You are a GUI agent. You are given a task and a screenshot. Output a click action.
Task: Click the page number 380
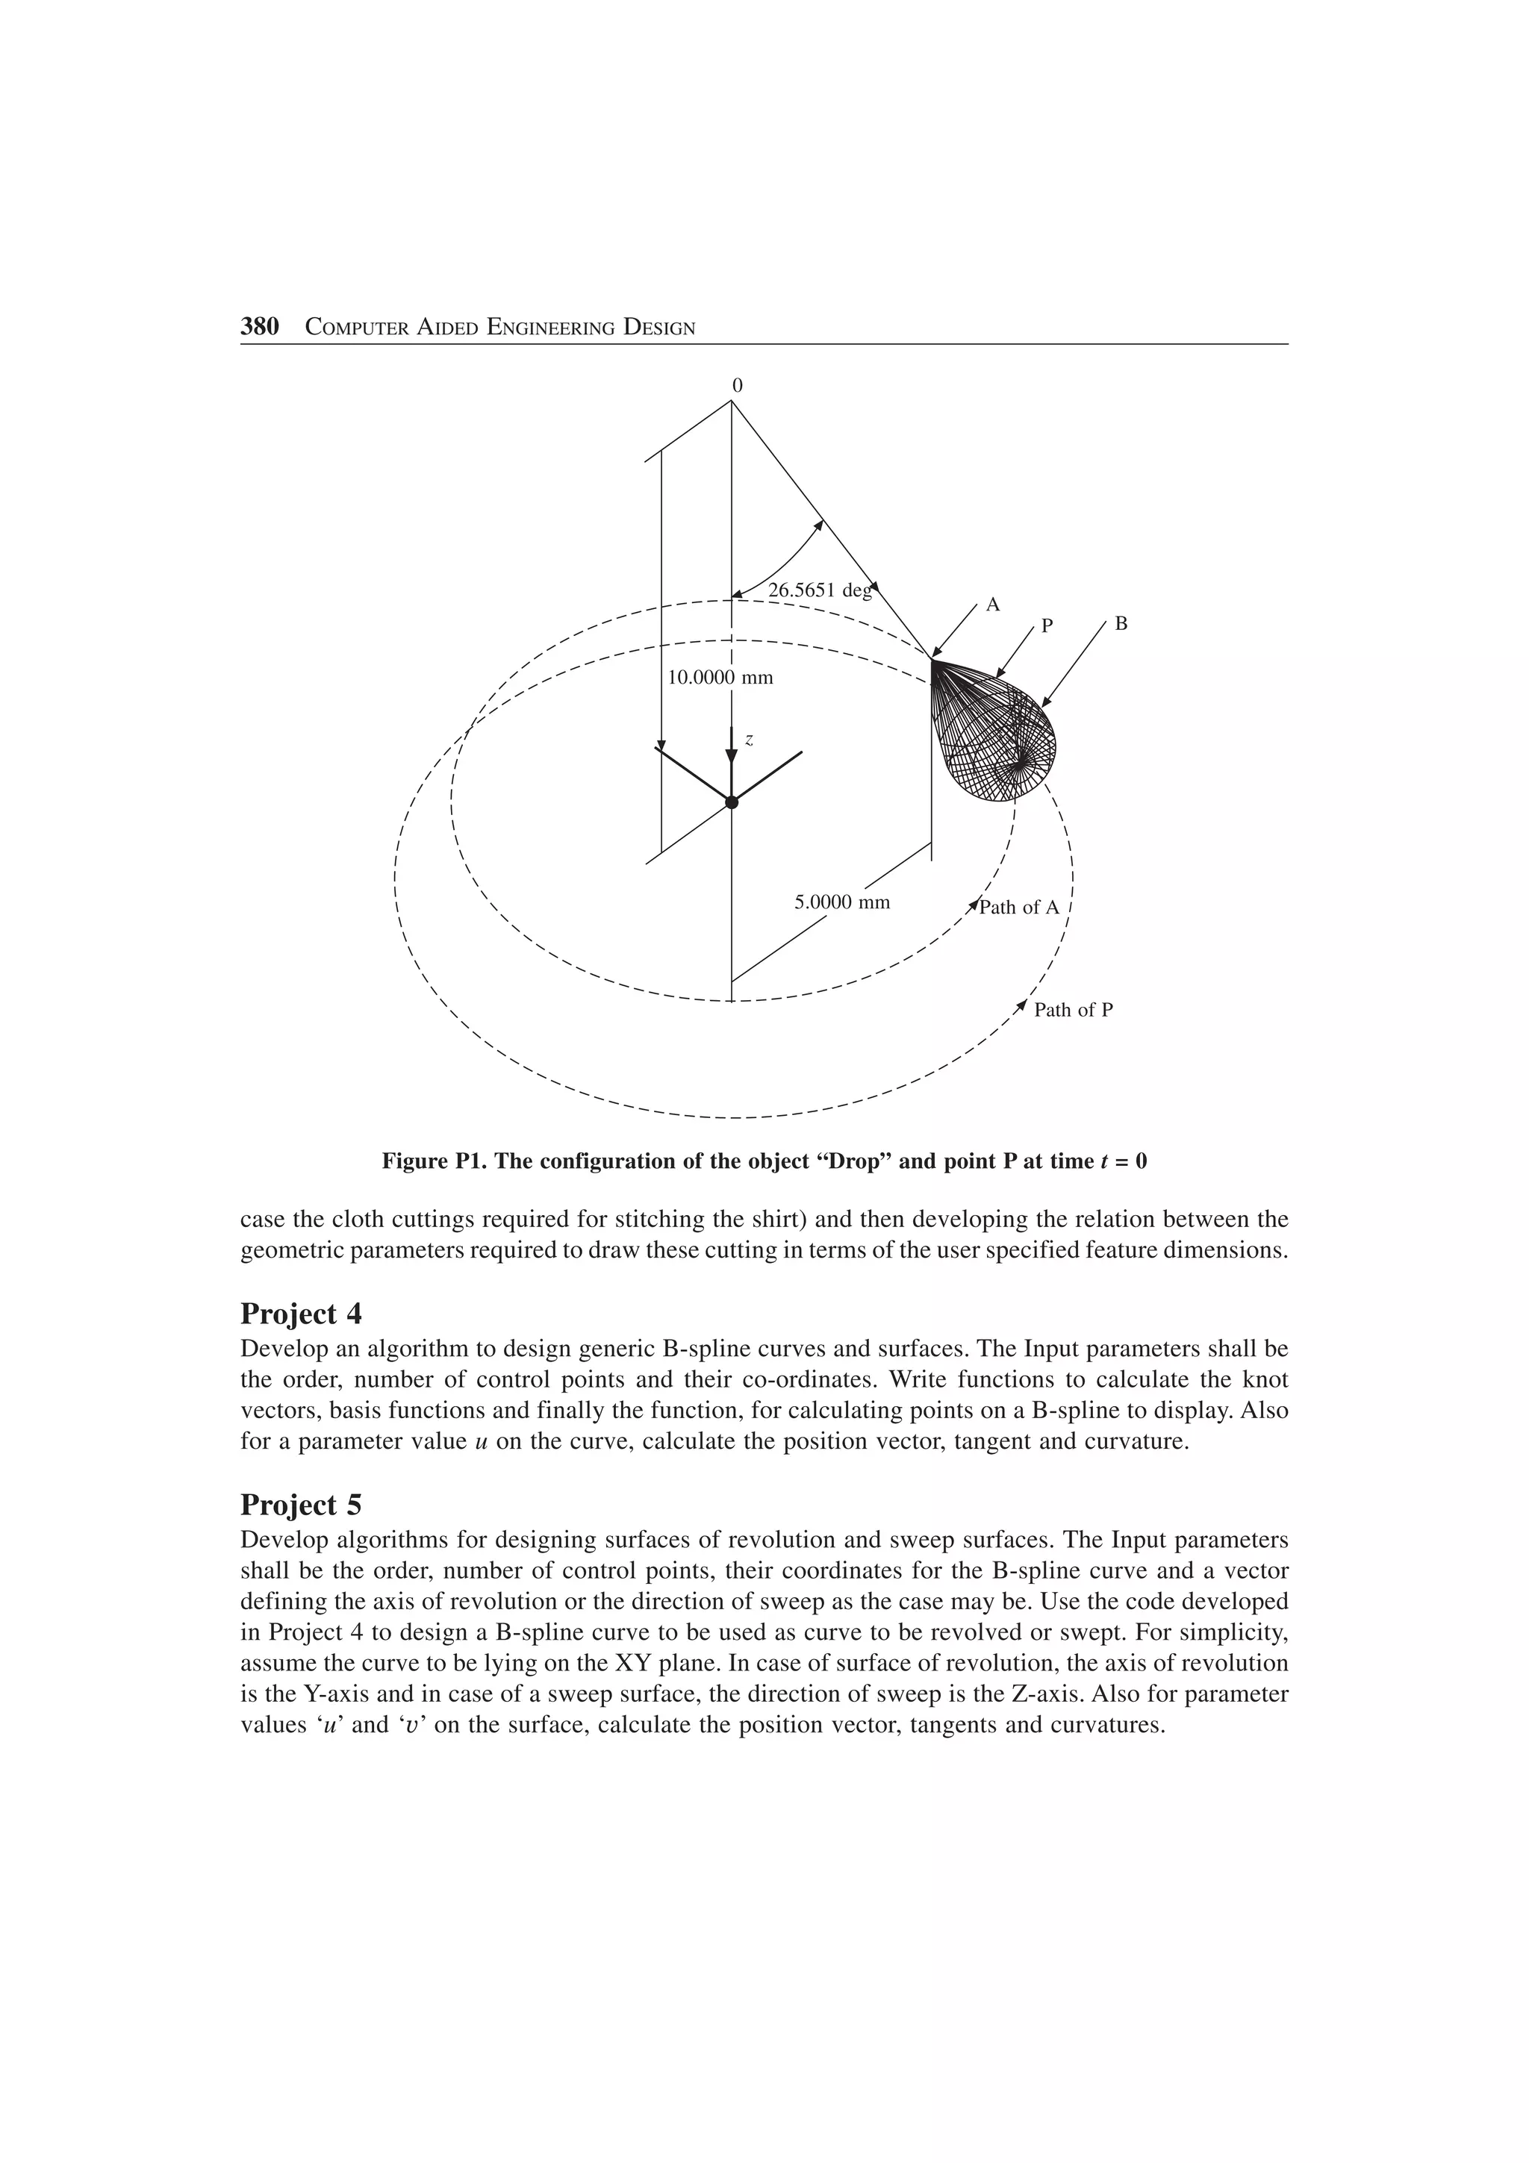260,327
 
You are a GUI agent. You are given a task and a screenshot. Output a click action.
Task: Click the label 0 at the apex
738,385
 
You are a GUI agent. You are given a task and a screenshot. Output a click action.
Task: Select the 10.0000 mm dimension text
720,678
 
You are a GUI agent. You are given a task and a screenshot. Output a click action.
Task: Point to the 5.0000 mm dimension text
841,902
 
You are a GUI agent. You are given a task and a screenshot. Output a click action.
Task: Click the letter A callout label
992,605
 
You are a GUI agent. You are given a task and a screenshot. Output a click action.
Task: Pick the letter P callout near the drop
1046,625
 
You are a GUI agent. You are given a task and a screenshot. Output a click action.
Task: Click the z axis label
749,740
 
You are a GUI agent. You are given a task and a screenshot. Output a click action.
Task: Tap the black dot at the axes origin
731,802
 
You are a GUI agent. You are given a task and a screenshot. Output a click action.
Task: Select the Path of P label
1073,1010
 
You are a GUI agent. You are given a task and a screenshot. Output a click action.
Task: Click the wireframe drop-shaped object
996,735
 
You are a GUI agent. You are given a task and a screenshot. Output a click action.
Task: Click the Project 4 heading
301,1314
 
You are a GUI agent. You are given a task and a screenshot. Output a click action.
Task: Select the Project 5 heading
301,1505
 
